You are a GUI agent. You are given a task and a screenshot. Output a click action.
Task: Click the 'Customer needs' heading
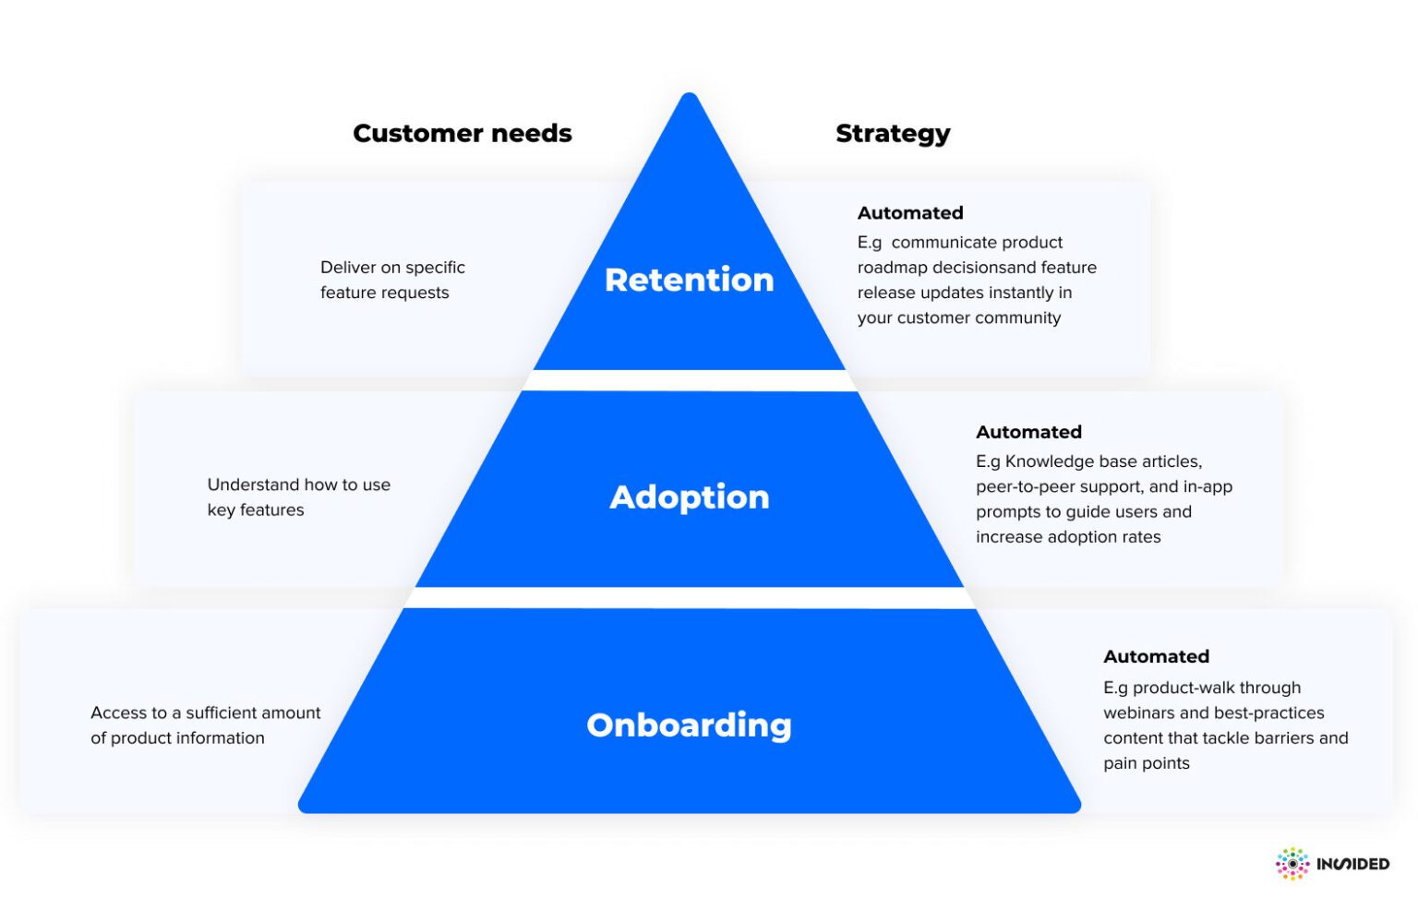pos(462,134)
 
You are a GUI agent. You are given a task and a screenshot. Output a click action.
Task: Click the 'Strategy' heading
pos(892,134)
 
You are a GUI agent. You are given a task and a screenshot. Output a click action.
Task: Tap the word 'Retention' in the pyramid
pos(689,280)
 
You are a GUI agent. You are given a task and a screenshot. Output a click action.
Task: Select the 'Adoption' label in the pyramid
pos(689,497)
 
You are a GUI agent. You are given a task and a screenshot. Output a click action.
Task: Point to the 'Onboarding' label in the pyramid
pos(689,725)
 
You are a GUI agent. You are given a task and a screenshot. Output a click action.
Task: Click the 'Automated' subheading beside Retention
pos(909,213)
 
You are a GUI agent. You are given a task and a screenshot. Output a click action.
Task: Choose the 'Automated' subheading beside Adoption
pos(1028,432)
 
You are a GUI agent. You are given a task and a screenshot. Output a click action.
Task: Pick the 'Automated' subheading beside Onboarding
pos(1156,656)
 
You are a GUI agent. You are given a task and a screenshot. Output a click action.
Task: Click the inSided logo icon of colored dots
pos(1292,864)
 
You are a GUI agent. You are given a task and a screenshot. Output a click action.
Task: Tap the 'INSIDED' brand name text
pos(1352,864)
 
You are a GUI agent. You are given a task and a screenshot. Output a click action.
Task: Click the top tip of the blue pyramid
pos(689,98)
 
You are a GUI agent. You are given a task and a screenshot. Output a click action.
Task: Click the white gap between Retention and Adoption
pos(689,380)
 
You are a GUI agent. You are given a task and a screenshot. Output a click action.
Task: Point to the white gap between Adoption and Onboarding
pos(689,598)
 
